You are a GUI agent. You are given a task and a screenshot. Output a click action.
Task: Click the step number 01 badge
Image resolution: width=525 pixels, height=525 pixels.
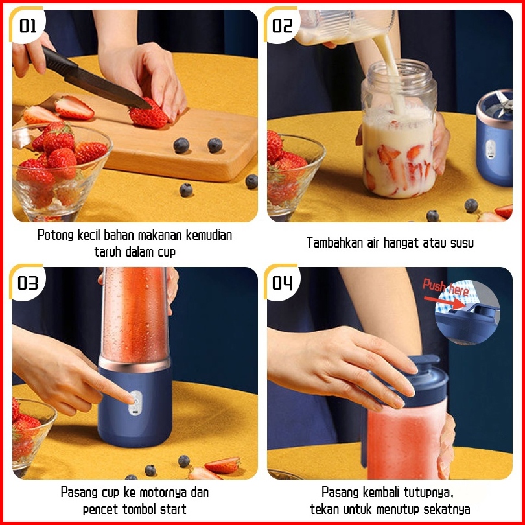(27, 25)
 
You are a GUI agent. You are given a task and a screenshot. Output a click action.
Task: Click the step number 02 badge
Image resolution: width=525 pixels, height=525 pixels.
(282, 25)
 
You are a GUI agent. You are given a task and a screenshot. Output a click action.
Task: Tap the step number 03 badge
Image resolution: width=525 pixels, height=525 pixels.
(27, 283)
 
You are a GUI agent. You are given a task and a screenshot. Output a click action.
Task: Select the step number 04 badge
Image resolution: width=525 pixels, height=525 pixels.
(282, 283)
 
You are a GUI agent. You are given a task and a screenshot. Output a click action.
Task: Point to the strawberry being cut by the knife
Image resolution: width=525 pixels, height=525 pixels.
(148, 115)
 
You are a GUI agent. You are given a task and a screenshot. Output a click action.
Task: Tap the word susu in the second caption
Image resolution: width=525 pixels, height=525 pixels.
(461, 243)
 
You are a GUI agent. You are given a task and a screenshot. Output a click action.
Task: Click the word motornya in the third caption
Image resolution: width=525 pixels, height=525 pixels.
(163, 493)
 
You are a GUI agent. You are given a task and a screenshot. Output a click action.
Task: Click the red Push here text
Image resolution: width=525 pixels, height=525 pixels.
(445, 287)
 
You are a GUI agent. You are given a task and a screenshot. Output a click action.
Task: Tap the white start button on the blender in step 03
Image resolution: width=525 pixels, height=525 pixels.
(135, 403)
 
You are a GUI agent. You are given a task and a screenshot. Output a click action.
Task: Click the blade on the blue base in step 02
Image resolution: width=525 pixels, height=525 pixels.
(503, 103)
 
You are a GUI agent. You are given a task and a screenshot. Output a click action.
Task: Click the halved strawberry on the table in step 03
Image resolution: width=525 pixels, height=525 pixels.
(222, 465)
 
